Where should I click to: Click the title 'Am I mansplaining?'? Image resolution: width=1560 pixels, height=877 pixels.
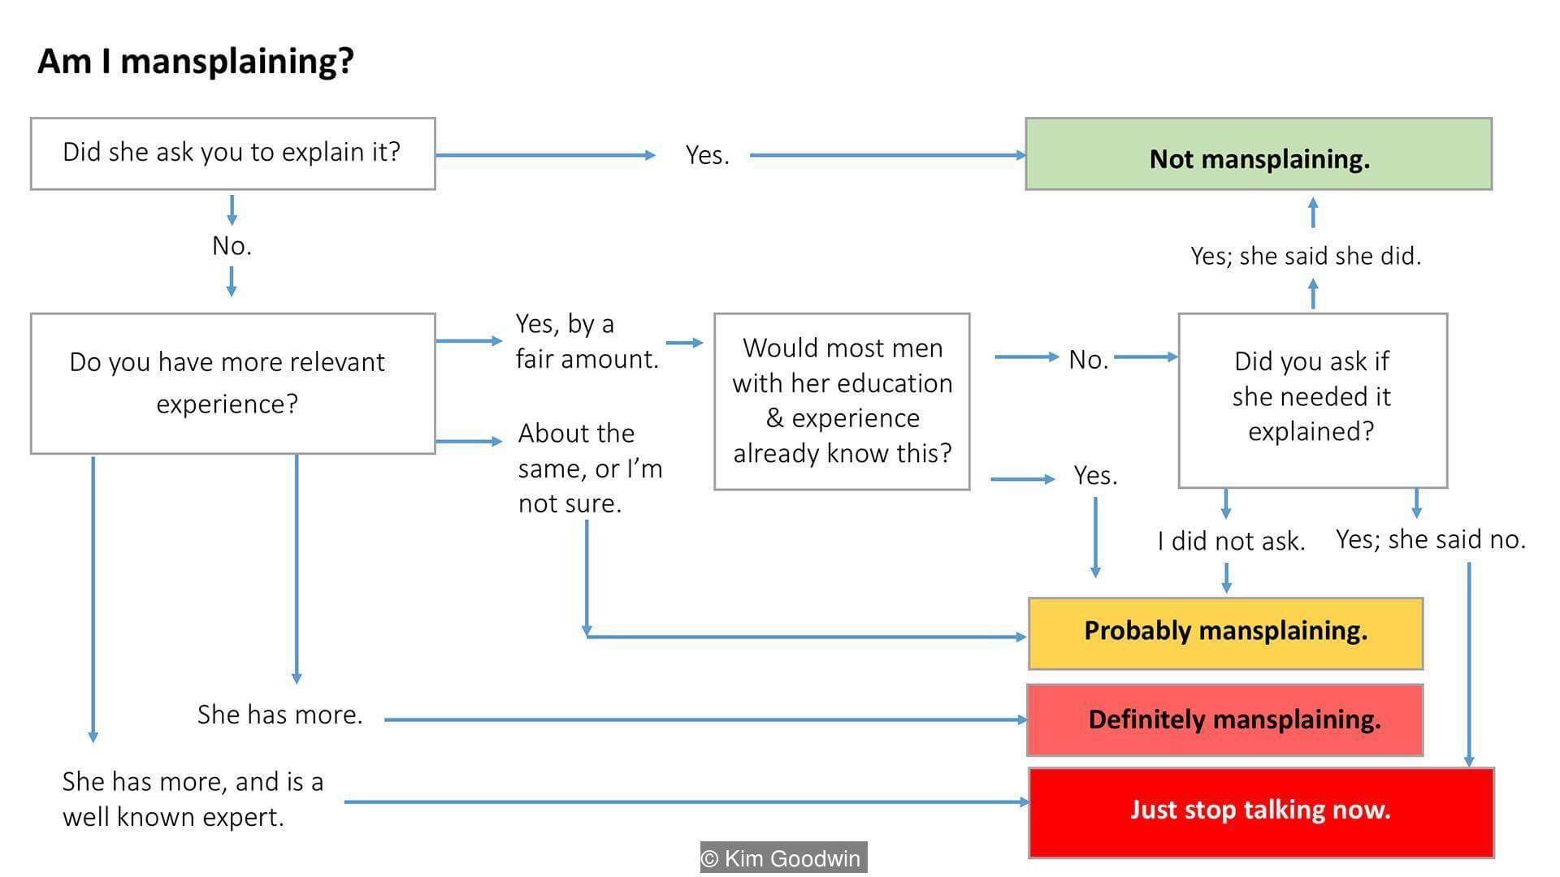[196, 62]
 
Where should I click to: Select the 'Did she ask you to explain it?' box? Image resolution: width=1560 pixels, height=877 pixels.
[232, 153]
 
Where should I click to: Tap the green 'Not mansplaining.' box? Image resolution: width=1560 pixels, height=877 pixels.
[1259, 154]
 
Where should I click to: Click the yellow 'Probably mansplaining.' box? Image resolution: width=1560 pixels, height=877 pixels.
[1225, 633]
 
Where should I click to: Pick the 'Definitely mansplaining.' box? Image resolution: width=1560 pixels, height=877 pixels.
[1225, 720]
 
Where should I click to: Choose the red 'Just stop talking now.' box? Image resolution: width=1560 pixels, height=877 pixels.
[1261, 812]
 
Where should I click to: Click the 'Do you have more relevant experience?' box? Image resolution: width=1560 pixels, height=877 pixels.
[232, 383]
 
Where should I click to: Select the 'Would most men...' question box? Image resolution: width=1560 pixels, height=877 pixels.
[842, 401]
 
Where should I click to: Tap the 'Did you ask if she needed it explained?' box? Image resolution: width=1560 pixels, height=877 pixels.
[1312, 400]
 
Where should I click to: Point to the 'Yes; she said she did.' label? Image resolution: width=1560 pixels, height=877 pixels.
[1306, 256]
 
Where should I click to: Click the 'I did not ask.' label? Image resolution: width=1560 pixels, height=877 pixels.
[1231, 541]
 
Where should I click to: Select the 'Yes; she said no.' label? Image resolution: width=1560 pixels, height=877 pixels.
[1431, 539]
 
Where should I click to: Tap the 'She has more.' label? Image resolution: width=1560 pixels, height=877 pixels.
[279, 715]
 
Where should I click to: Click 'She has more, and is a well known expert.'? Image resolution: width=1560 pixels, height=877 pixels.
[193, 799]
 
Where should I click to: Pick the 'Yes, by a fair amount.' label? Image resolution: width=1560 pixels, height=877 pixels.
[587, 341]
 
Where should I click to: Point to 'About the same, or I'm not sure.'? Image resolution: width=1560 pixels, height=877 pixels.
[590, 469]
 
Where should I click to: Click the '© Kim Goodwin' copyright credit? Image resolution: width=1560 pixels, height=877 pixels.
[784, 858]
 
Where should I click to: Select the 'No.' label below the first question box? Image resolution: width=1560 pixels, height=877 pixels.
[232, 245]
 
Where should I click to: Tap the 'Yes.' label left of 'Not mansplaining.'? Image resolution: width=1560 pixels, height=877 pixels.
[707, 155]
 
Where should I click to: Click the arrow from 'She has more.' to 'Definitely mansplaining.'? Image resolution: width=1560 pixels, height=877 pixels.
[706, 719]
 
